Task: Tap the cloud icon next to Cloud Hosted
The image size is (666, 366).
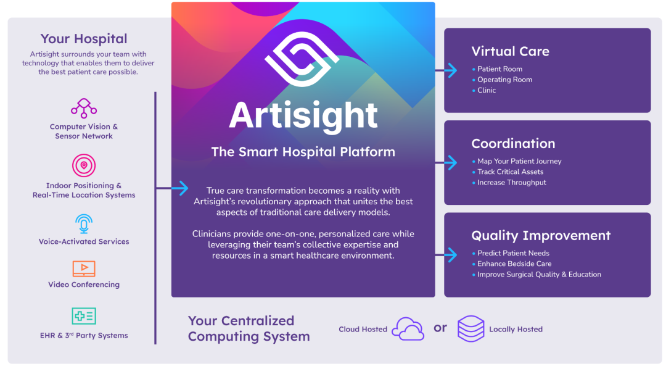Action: click(408, 329)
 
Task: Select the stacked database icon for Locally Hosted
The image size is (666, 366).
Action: click(471, 328)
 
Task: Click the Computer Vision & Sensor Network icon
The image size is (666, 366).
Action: click(84, 108)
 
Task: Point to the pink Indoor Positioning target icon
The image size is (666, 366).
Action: click(84, 165)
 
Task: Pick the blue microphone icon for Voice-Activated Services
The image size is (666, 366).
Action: click(84, 223)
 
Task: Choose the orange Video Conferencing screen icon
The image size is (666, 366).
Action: click(84, 268)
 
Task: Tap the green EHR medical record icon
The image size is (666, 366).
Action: click(84, 316)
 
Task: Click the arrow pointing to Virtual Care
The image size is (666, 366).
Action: click(446, 70)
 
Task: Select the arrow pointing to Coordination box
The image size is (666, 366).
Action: click(446, 162)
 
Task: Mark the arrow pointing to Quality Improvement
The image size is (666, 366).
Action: click(446, 255)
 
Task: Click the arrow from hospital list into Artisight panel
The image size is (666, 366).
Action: click(172, 188)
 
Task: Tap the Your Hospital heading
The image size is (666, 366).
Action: click(84, 39)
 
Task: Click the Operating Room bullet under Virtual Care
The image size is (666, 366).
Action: click(504, 80)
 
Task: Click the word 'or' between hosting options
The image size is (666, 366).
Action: click(440, 328)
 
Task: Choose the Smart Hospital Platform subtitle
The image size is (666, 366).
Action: click(303, 152)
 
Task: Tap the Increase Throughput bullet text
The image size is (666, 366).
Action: click(512, 182)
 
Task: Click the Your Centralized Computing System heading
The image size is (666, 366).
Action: click(249, 328)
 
